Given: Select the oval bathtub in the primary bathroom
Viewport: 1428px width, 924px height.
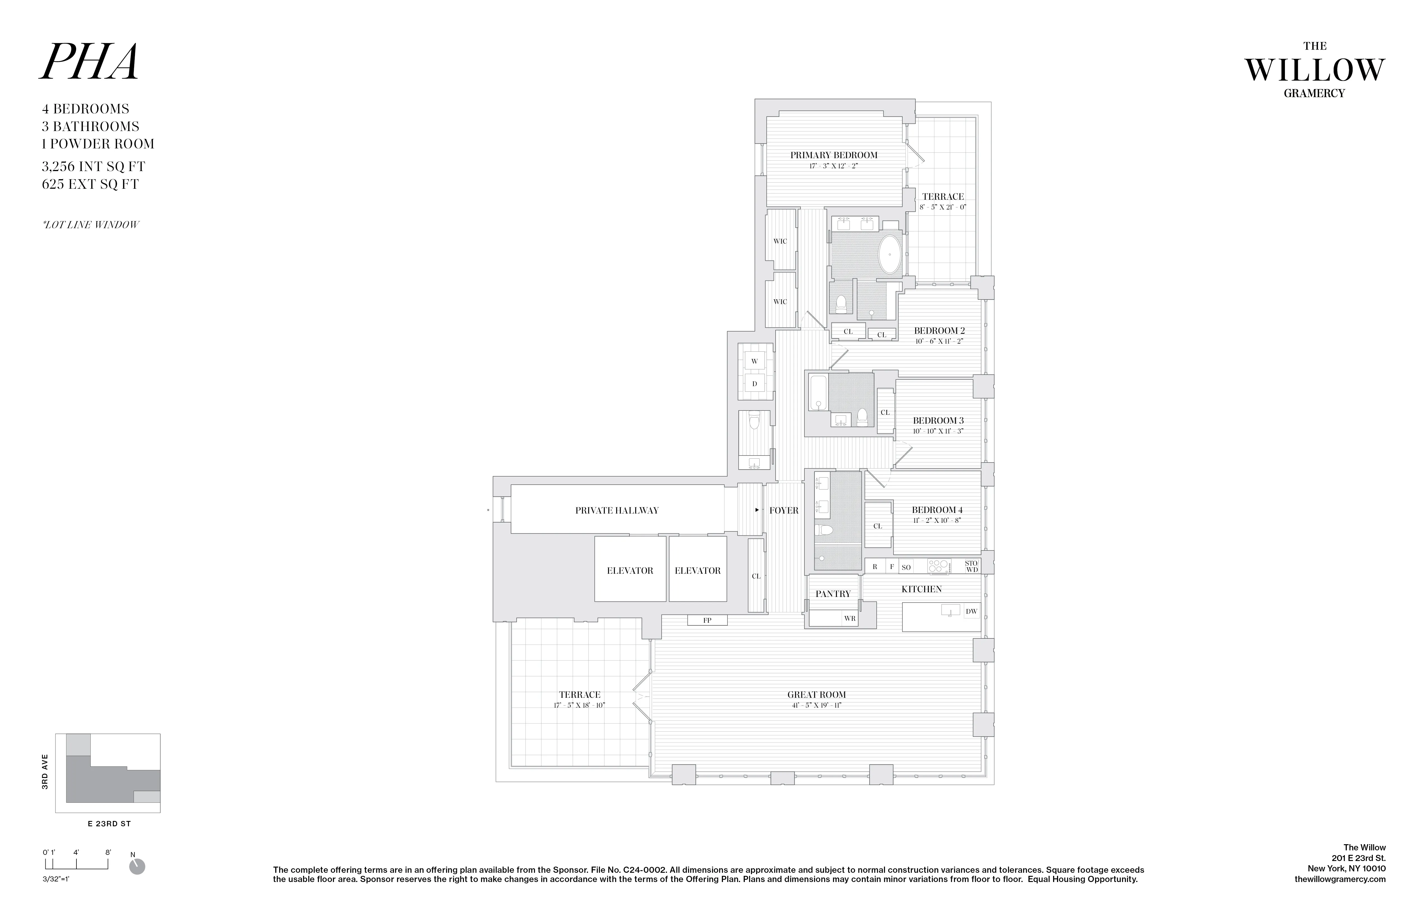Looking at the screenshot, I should pos(890,255).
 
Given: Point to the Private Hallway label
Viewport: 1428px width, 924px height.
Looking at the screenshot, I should pos(617,511).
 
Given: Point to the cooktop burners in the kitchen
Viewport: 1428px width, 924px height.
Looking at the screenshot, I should pos(939,566).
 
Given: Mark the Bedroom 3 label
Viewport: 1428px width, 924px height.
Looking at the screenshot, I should pos(938,421).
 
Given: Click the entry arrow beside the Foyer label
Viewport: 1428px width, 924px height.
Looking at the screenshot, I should pos(757,510).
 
